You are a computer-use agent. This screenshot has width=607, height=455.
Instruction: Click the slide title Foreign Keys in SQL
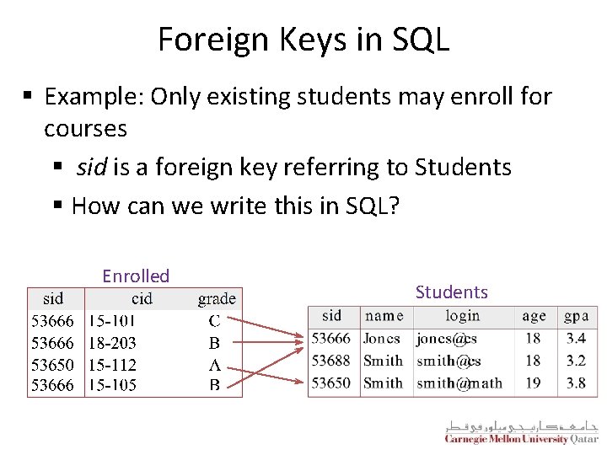point(303,40)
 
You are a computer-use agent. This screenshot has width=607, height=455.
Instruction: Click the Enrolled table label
point(136,276)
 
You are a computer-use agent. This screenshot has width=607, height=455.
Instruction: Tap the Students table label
point(451,292)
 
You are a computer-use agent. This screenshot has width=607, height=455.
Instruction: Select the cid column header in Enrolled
point(142,298)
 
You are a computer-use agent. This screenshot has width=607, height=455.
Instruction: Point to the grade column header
point(217,298)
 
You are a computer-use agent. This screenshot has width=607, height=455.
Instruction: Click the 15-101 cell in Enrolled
point(112,321)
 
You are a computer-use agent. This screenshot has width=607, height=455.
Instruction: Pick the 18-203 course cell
point(112,343)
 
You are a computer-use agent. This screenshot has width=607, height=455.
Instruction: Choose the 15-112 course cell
point(112,365)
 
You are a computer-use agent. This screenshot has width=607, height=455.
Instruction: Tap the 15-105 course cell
point(112,386)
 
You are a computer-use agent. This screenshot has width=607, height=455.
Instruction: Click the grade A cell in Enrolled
point(215,365)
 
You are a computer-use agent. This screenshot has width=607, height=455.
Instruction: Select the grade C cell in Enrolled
point(215,321)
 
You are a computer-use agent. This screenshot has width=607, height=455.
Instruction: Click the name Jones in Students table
point(381,339)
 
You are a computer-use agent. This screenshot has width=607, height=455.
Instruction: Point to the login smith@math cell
point(459,383)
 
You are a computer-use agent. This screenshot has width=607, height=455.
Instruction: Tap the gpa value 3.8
point(576,383)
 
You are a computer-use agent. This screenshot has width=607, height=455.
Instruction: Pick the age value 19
point(533,383)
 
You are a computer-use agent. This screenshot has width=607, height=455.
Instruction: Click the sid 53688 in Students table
point(330,361)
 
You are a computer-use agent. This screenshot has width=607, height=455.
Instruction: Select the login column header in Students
point(462,316)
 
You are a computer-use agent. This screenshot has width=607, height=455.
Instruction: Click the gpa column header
point(576,316)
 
